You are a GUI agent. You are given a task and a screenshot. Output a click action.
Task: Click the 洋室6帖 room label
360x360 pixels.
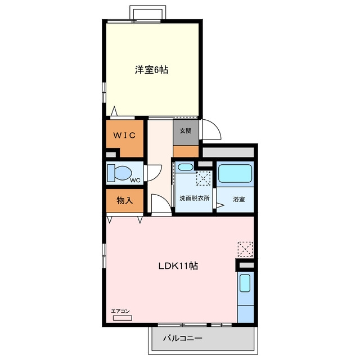pyautogui.click(x=151, y=70)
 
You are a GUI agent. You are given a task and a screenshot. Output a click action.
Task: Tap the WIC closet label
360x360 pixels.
pyautogui.click(x=124, y=136)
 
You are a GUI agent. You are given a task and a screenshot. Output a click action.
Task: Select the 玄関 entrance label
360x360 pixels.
pyautogui.click(x=186, y=131)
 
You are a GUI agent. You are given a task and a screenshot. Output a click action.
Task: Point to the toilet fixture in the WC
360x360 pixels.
pyautogui.click(x=120, y=173)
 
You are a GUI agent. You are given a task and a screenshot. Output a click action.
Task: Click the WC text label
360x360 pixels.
pyautogui.click(x=135, y=181)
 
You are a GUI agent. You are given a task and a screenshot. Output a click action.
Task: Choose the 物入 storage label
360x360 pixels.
pyautogui.click(x=125, y=200)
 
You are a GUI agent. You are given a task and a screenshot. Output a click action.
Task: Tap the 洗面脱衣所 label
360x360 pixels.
pyautogui.click(x=195, y=198)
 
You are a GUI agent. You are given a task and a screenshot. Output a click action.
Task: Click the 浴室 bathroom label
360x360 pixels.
pyautogui.click(x=238, y=199)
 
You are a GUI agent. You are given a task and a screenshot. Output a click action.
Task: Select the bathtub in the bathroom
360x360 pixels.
pyautogui.click(x=235, y=173)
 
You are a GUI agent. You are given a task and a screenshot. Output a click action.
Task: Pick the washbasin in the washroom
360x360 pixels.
pyautogui.click(x=186, y=166)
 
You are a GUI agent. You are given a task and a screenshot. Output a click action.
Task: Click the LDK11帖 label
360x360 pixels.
pyautogui.click(x=178, y=266)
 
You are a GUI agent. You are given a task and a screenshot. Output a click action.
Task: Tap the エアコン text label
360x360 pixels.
pyautogui.click(x=120, y=311)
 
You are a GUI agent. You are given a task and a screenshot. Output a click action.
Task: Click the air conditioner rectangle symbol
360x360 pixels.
pyautogui.click(x=123, y=318)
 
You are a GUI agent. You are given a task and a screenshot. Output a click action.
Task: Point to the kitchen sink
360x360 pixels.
pyautogui.click(x=245, y=283)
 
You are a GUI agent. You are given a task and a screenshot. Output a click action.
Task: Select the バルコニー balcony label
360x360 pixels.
pyautogui.click(x=183, y=338)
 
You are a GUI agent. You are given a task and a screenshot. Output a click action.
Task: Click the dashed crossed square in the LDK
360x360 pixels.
pyautogui.click(x=245, y=249)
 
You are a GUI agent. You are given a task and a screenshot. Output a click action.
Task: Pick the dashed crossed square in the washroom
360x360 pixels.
pyautogui.click(x=204, y=178)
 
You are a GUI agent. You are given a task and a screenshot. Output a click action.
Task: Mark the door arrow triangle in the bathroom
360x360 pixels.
pyautogui.click(x=220, y=205)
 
